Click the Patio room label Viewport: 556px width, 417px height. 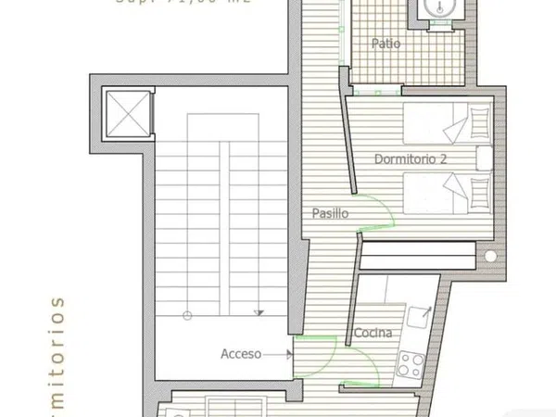(x=385, y=43)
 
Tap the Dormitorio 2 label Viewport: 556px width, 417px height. (x=411, y=158)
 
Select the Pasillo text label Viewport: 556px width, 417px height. (x=329, y=213)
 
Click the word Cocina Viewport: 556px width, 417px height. (x=373, y=333)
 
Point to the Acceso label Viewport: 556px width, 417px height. (x=241, y=353)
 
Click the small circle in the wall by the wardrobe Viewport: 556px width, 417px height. (x=490, y=253)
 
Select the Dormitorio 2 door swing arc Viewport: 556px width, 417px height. (x=380, y=210)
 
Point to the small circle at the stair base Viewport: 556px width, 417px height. (x=187, y=315)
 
